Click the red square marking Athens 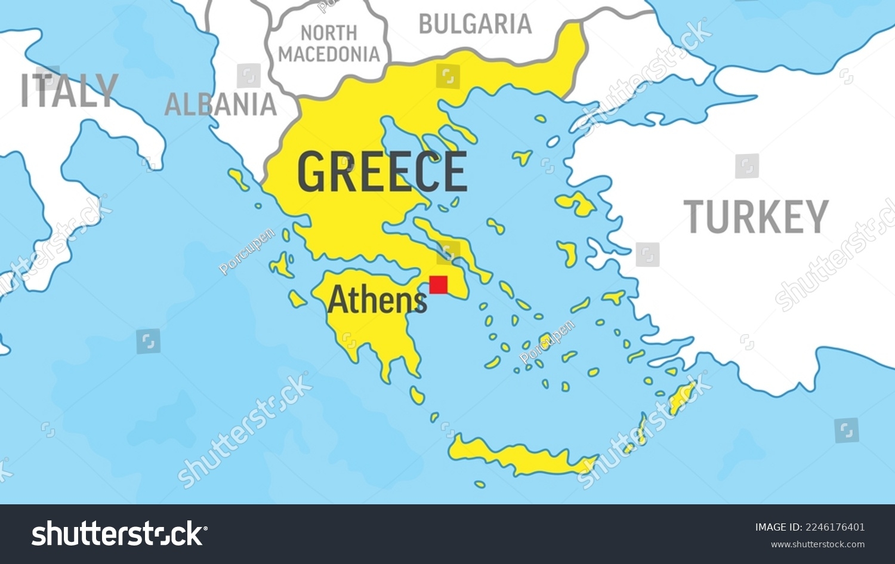438,285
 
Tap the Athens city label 377,300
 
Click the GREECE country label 382,172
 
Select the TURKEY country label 756,217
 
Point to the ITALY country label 69,91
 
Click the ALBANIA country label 220,105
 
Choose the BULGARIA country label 475,24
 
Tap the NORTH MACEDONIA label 329,44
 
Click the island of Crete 519,458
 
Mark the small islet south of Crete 480,484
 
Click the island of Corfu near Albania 239,178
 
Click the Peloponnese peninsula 370,322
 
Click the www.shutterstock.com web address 817,544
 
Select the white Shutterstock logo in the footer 119,534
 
